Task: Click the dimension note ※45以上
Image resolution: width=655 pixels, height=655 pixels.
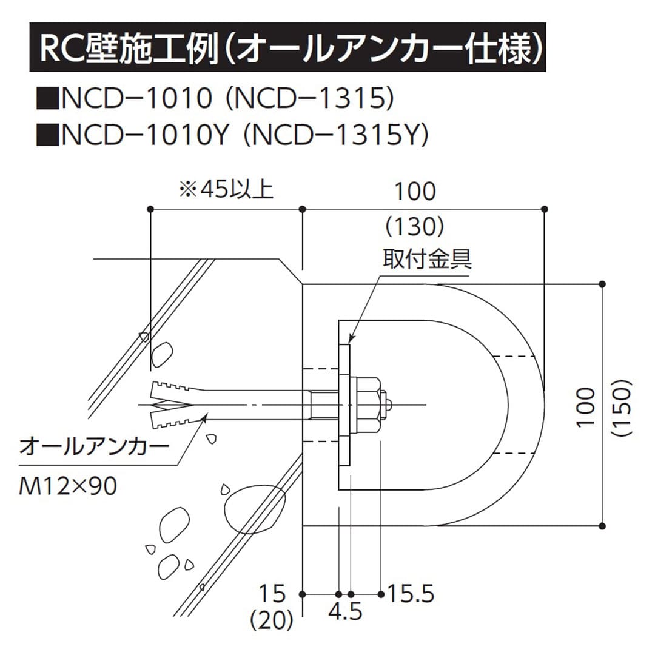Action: tap(226, 190)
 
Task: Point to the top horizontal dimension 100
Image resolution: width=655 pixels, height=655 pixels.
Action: tap(415, 191)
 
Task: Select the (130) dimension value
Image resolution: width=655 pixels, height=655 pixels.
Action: tap(415, 227)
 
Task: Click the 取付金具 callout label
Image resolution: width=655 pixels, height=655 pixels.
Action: tap(427, 260)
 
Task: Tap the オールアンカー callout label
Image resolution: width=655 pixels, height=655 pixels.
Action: tap(93, 449)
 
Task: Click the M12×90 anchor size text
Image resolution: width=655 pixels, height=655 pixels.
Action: tap(68, 486)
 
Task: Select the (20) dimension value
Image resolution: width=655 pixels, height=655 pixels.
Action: tap(272, 620)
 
